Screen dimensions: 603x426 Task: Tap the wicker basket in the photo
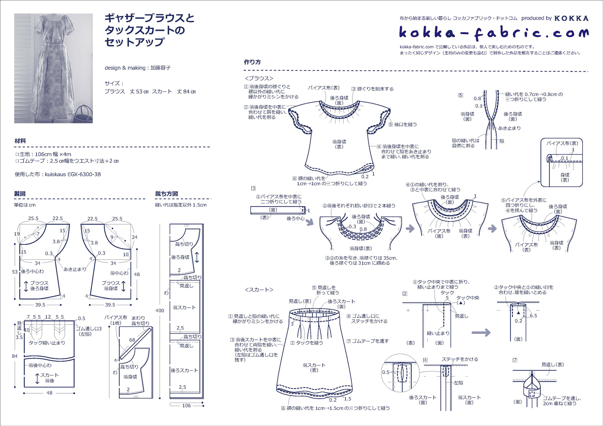tap(83, 114)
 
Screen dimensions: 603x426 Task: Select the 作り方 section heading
tap(252, 62)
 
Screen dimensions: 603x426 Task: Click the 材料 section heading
tap(20, 141)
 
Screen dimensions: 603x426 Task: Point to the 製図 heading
tap(20, 194)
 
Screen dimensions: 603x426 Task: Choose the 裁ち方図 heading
tap(166, 194)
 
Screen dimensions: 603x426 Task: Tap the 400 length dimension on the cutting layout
tap(160, 310)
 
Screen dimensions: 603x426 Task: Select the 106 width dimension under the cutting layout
tap(186, 405)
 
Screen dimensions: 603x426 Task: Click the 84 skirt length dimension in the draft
tap(15, 356)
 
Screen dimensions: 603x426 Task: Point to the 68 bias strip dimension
tap(132, 340)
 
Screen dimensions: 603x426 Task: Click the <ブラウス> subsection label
tap(259, 78)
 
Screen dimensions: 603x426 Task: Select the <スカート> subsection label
tap(259, 290)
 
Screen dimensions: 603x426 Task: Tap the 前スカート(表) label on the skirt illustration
tap(314, 368)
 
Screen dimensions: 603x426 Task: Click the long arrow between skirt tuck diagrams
tap(481, 333)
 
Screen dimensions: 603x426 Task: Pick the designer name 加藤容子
tap(160, 68)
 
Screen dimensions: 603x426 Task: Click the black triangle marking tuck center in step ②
tap(518, 313)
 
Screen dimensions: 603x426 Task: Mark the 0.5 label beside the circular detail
tap(386, 372)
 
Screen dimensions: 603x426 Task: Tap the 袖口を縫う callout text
tap(405, 124)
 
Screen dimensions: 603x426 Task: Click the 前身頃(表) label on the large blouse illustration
tap(339, 144)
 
